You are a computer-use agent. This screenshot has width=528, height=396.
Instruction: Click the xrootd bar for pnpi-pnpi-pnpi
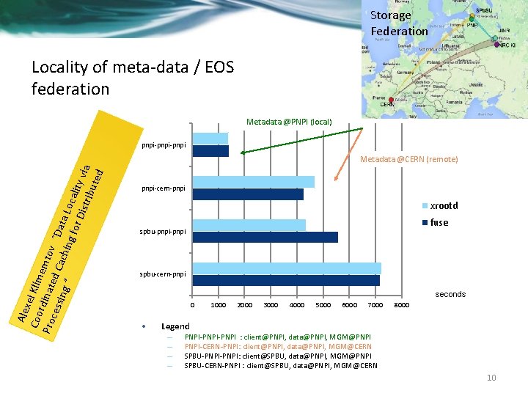click(x=210, y=139)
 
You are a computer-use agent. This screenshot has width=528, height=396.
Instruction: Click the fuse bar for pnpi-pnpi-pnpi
click(x=211, y=151)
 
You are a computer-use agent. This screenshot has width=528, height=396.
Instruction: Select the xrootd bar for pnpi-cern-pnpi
click(x=253, y=182)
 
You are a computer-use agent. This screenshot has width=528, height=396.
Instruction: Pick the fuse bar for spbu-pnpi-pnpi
click(x=265, y=237)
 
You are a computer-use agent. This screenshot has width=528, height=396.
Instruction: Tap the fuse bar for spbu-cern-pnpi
click(x=286, y=280)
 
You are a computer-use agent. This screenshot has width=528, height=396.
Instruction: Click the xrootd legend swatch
click(x=425, y=206)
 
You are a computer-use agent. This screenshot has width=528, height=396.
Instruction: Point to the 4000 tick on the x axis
click(x=297, y=305)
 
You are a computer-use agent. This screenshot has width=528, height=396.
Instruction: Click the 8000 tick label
click(x=402, y=305)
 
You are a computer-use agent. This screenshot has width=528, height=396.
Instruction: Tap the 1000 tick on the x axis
click(x=218, y=305)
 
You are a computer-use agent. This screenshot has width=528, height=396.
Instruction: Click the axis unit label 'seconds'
click(x=450, y=294)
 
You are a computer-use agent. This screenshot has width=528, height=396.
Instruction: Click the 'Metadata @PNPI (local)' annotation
click(x=289, y=121)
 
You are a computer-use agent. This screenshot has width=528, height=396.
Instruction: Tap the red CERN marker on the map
click(x=392, y=100)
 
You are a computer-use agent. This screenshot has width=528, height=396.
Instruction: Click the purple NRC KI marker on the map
click(x=497, y=45)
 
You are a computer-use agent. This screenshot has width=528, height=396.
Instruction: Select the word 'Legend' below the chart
click(x=175, y=326)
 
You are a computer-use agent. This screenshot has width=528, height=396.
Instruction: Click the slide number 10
click(x=491, y=378)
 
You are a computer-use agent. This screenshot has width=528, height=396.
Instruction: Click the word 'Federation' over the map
click(x=399, y=31)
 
